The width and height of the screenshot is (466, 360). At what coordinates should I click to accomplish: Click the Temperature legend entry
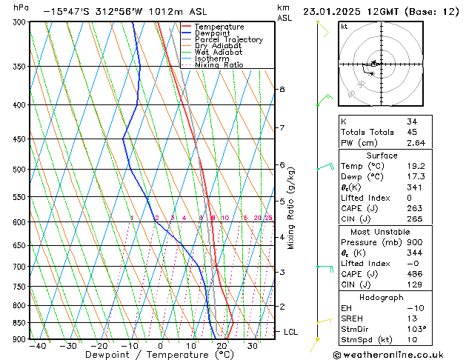coord(219,27)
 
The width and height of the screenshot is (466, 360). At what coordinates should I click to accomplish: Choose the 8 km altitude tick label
coord(282,90)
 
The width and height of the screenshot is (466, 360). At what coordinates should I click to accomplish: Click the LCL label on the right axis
coord(291,332)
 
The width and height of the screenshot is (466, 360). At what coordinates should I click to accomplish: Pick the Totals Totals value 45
coord(412,132)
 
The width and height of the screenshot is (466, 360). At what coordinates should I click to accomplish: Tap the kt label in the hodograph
coord(344,26)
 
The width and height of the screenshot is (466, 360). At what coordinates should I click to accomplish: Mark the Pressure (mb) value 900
coord(414,242)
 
